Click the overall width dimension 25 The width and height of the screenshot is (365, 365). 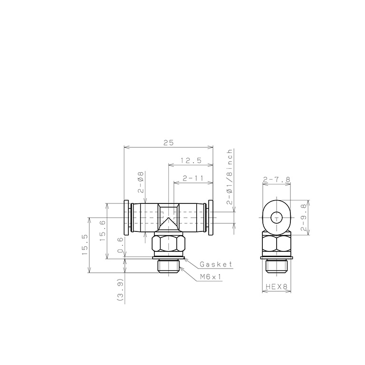(x=168, y=142)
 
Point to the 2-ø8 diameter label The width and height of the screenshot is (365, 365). (x=141, y=181)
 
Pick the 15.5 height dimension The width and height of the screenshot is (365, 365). (x=85, y=245)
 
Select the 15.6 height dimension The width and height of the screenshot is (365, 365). (x=103, y=231)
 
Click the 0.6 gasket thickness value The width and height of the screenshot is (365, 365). (x=120, y=245)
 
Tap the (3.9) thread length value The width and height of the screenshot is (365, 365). (x=120, y=290)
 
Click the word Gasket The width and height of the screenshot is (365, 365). (x=216, y=265)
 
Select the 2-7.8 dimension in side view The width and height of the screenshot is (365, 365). (x=277, y=180)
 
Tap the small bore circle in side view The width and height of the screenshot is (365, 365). (x=276, y=218)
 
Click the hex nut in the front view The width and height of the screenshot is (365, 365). (x=168, y=245)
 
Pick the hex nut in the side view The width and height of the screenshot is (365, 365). (x=276, y=245)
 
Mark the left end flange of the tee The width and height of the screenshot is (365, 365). (x=126, y=217)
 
